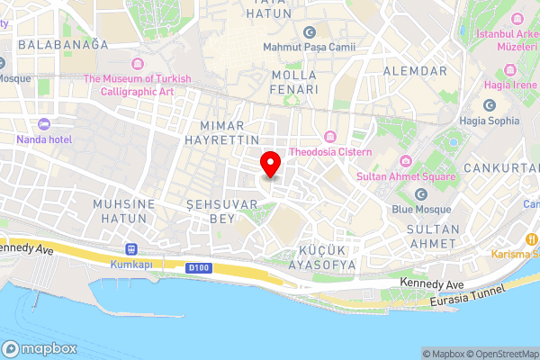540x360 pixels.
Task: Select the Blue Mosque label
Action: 420,211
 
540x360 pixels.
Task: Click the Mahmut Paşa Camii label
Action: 309,46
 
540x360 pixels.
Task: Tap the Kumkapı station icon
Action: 132,248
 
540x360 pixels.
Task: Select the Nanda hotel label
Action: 44,139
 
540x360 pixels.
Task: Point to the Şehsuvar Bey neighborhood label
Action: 209,212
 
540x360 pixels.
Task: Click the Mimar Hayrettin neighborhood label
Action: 221,133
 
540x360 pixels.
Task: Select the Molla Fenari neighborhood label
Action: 294,82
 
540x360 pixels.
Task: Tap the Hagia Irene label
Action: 509,85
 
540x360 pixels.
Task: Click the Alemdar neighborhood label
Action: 415,70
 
